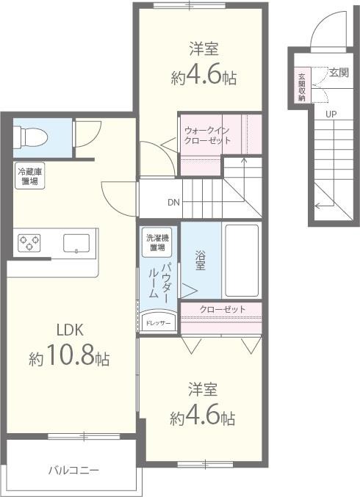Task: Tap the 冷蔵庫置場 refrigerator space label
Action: point(29,176)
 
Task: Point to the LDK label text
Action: point(64,330)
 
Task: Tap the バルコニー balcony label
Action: point(73,469)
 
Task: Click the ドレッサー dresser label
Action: point(157,323)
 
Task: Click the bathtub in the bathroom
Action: point(241,260)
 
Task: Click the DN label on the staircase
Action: point(173,203)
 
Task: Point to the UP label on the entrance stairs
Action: point(331,114)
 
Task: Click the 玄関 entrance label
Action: point(339,72)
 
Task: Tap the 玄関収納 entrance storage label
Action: point(302,87)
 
